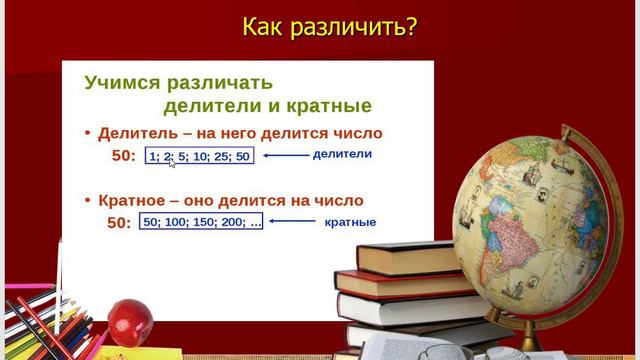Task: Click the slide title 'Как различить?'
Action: [x=329, y=27]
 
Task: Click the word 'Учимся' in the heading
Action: [x=121, y=82]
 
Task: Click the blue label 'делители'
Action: [x=342, y=154]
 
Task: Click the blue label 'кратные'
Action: [x=350, y=221]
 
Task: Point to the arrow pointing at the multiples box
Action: [x=292, y=221]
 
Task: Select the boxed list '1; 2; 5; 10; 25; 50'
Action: [x=200, y=156]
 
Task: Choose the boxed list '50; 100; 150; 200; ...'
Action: [x=202, y=222]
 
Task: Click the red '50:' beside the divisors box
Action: [x=123, y=157]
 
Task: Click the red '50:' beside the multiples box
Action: [x=119, y=223]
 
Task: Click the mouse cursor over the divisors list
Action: [x=171, y=161]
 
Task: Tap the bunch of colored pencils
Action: [x=40, y=325]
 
